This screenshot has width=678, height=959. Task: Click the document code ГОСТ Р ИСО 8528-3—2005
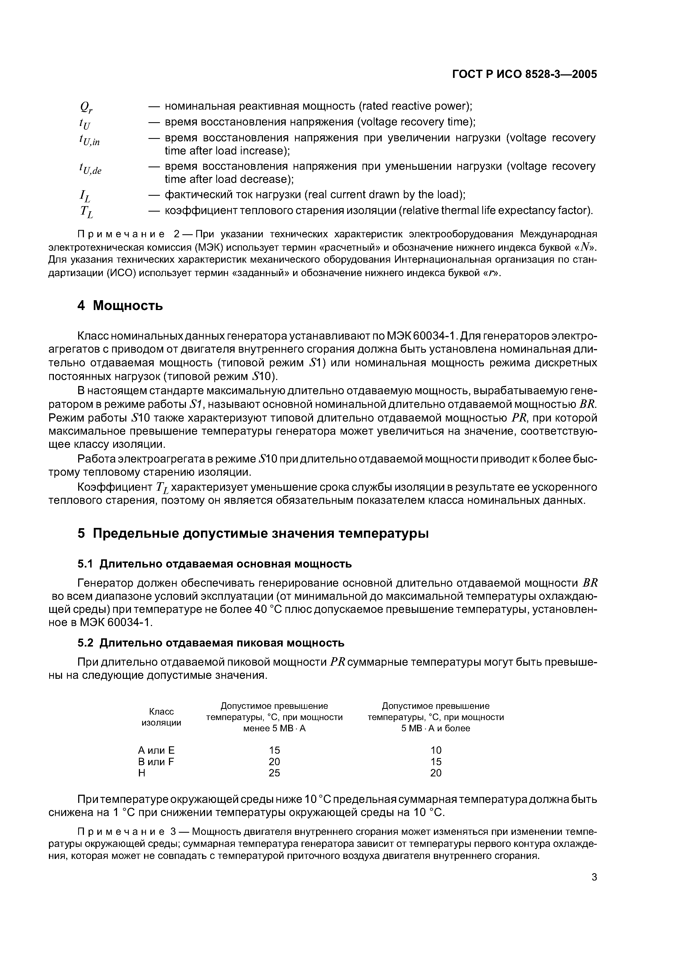(525, 74)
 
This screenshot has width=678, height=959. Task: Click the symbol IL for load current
(85, 195)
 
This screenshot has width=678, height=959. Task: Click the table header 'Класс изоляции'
(161, 717)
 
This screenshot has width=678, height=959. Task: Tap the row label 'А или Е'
(156, 750)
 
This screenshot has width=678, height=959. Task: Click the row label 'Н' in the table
(142, 773)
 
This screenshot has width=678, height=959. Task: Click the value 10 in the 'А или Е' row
(436, 750)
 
